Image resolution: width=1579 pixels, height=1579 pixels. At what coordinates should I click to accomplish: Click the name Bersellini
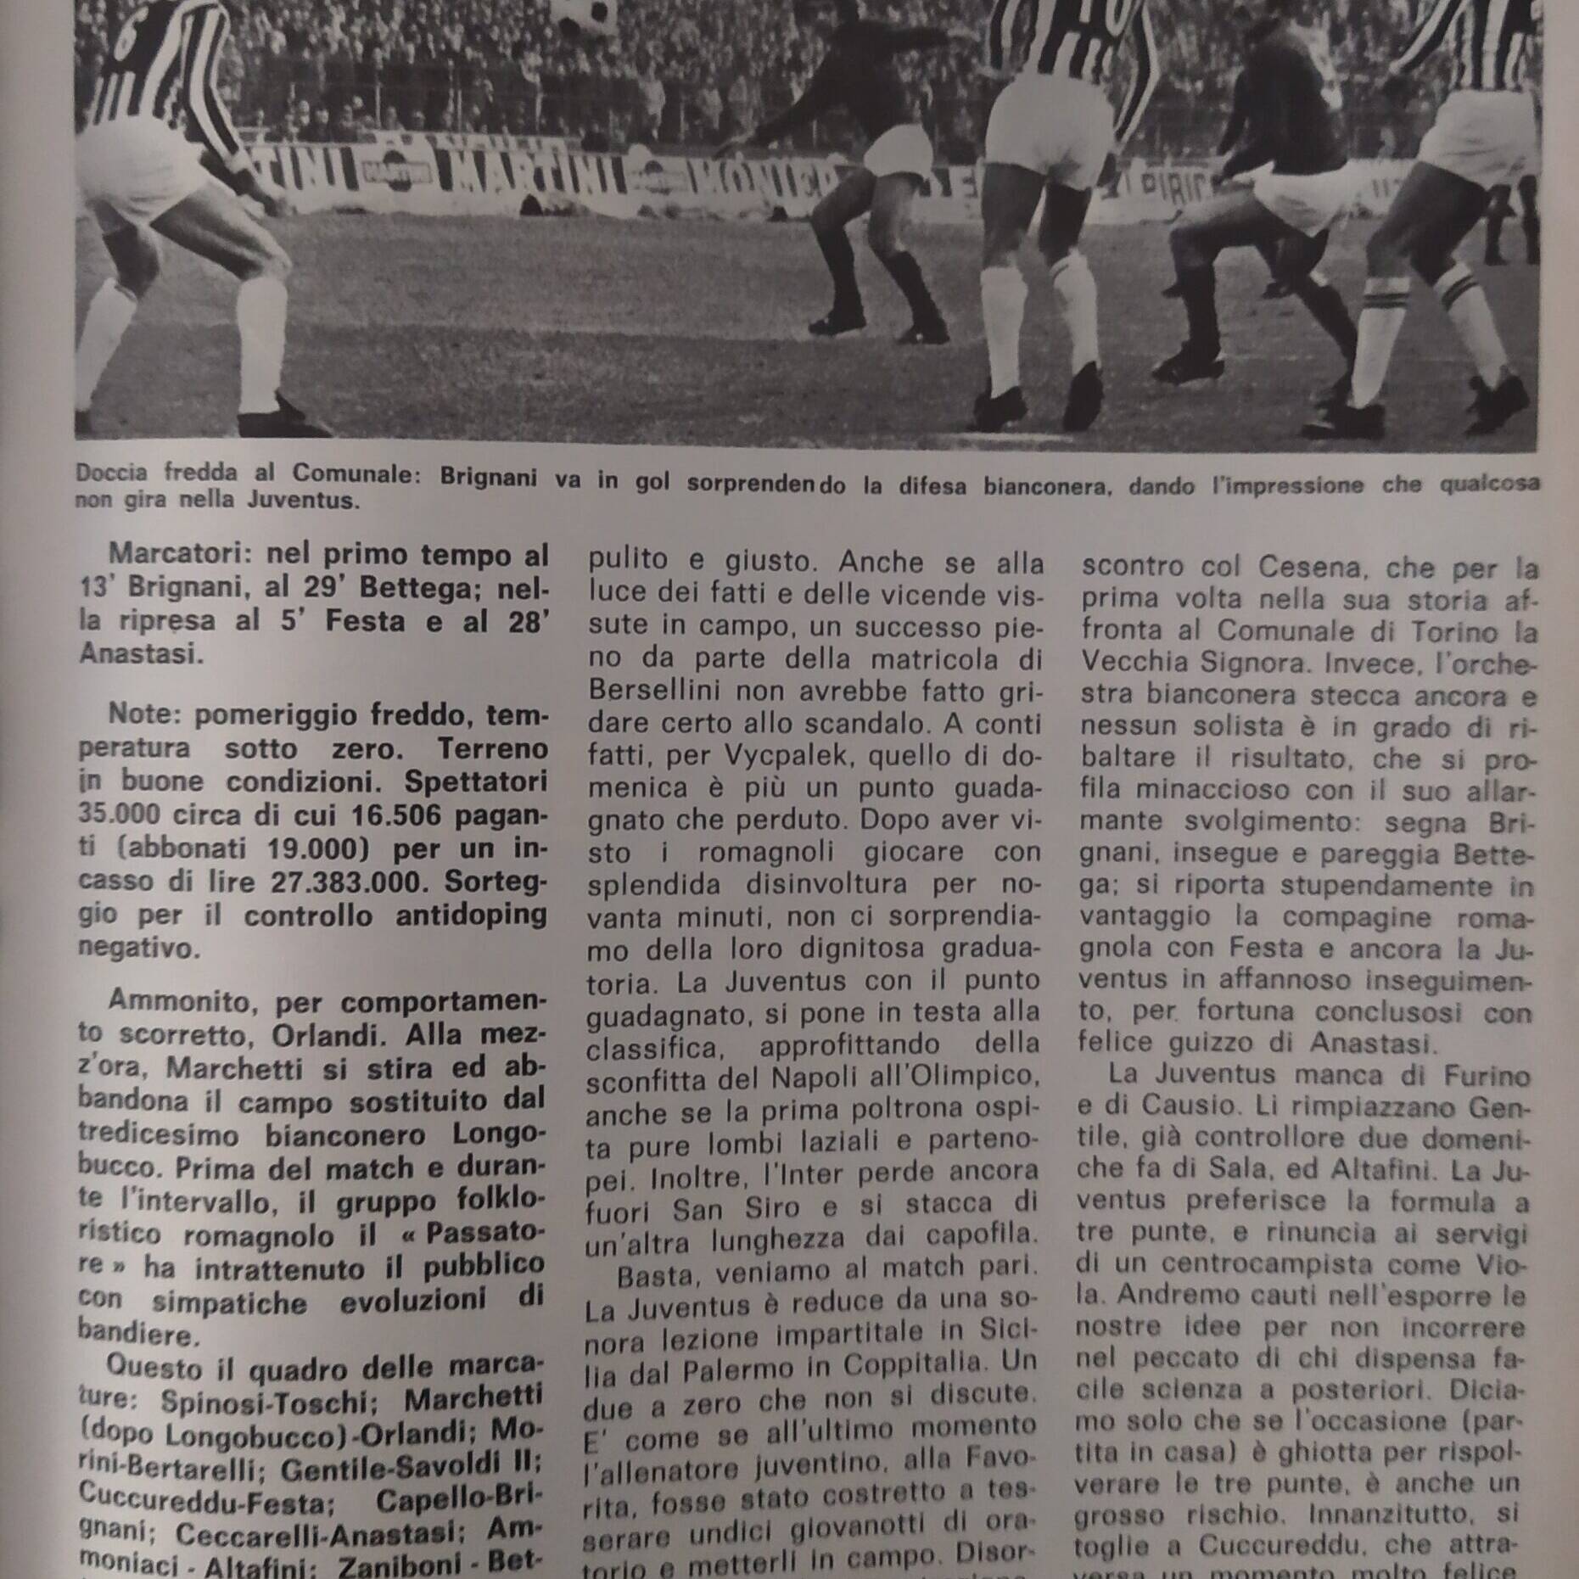click(657, 692)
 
